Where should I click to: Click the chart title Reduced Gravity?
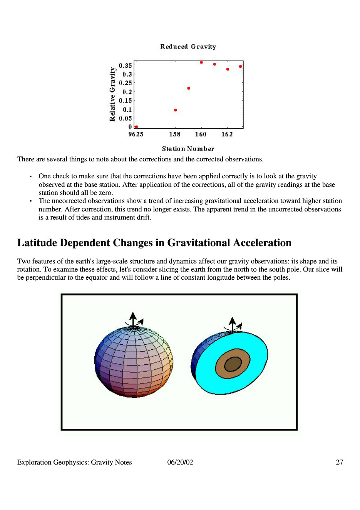(188, 47)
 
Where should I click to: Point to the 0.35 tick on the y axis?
(125, 65)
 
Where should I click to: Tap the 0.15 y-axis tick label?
(125, 101)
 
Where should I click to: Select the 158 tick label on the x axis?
(175, 134)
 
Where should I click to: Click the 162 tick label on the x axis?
(227, 134)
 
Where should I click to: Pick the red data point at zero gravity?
(136, 127)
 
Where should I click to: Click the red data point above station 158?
(176, 110)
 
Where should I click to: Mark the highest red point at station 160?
(201, 62)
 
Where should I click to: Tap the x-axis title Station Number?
(188, 149)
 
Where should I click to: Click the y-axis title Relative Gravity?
(112, 94)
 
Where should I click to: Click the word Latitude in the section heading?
(37, 243)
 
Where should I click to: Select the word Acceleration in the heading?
(262, 243)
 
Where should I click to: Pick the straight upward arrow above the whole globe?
(133, 320)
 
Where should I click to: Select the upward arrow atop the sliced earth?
(232, 325)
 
